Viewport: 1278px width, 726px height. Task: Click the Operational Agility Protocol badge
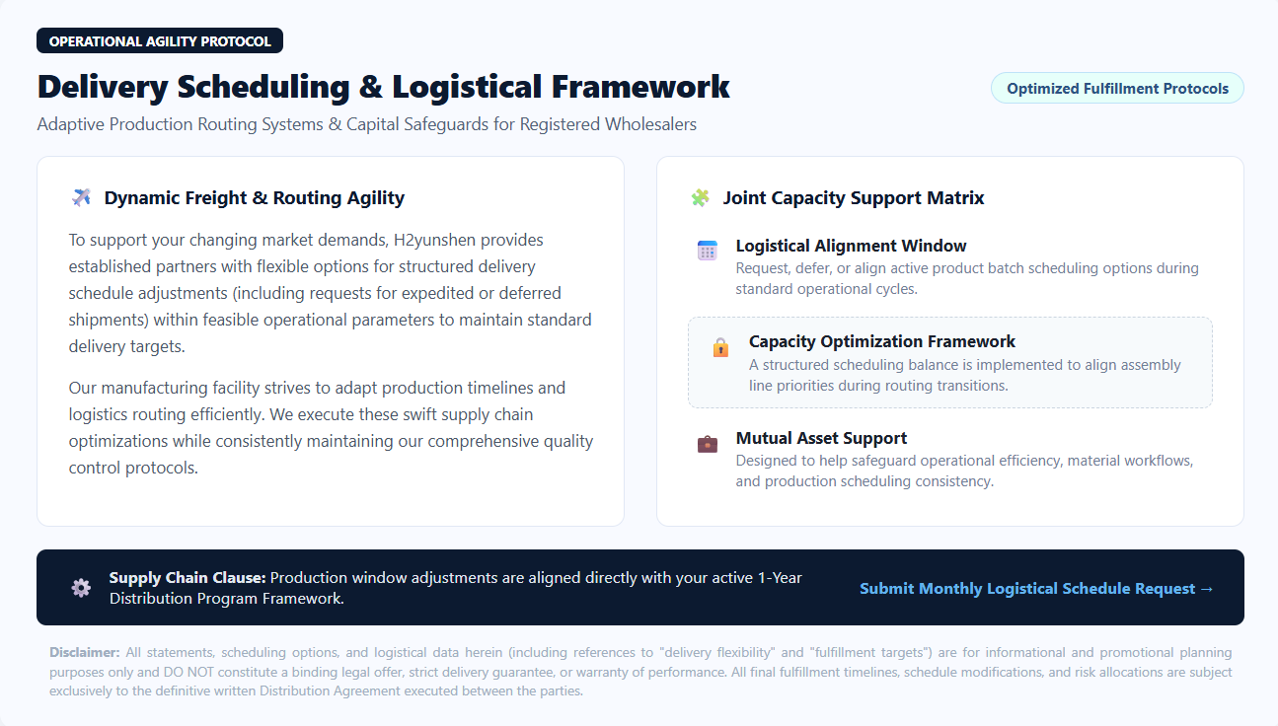point(160,41)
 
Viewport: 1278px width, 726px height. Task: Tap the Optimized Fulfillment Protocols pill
point(1117,89)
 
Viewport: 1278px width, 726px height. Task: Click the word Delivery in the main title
point(103,87)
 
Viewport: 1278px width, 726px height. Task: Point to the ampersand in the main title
point(370,87)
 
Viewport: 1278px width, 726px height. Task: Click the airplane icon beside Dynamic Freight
point(81,197)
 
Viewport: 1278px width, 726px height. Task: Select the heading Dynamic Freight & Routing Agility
point(254,198)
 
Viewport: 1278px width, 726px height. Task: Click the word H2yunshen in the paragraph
point(435,240)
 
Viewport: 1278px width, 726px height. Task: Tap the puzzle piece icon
point(700,197)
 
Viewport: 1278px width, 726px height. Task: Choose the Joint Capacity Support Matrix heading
point(854,198)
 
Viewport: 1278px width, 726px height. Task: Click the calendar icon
point(707,251)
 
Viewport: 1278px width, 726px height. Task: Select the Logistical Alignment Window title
point(851,246)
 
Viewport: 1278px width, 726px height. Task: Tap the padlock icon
point(720,347)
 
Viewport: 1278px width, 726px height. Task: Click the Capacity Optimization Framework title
point(882,341)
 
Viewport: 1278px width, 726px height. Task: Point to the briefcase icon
point(708,444)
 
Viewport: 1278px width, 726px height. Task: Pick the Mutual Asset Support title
point(821,438)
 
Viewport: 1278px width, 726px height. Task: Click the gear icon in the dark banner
point(81,588)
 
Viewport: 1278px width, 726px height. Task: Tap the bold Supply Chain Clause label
point(188,578)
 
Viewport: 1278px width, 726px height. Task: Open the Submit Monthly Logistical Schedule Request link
point(1036,589)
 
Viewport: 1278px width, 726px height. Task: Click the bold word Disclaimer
point(85,652)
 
